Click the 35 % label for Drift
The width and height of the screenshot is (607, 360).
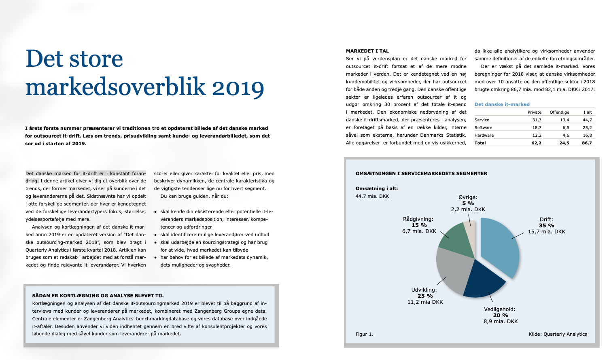click(546, 226)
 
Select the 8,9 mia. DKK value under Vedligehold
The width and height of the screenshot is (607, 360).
click(501, 322)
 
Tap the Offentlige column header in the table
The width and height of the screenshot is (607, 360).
click(559, 112)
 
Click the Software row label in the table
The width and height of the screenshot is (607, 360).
click(483, 127)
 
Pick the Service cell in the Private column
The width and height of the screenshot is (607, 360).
click(537, 120)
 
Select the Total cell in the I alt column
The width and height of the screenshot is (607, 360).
click(587, 143)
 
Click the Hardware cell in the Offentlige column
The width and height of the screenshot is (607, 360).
click(565, 135)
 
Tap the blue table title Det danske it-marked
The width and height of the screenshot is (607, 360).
click(502, 104)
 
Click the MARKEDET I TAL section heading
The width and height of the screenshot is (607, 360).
click(367, 51)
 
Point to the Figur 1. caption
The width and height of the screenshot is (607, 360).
click(364, 334)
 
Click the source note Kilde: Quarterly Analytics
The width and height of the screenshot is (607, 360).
click(557, 334)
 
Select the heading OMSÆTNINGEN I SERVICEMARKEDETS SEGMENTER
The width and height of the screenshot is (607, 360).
click(421, 174)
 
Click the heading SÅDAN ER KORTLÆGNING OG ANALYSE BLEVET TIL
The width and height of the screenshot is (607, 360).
click(98, 296)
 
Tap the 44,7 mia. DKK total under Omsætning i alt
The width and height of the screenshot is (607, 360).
click(372, 196)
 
